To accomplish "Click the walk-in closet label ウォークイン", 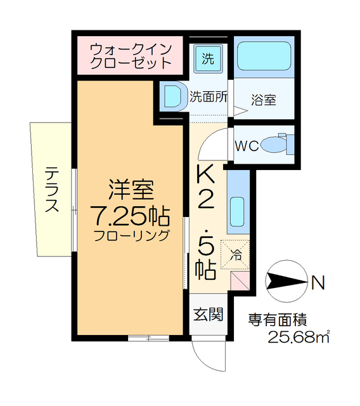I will click(x=129, y=48).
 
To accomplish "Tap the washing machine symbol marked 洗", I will click(x=207, y=58).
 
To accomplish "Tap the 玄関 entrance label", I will click(x=207, y=313).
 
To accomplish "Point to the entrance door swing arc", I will click(x=209, y=355).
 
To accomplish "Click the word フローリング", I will click(x=131, y=237).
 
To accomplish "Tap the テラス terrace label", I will click(x=52, y=189).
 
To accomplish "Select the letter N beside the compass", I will click(x=318, y=280).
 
